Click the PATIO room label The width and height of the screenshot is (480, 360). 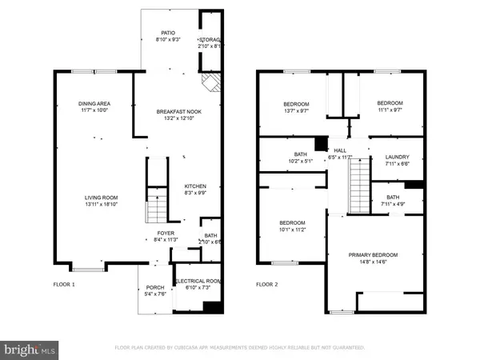166,33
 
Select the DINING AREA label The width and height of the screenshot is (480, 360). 95,104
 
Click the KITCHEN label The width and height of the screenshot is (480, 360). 196,186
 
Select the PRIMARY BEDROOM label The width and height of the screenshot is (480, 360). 373,255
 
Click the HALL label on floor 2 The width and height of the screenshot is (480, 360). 340,150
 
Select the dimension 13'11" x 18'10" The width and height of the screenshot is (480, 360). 103,205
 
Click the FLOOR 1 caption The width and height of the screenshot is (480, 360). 64,284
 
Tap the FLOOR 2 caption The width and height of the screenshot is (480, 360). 267,284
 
